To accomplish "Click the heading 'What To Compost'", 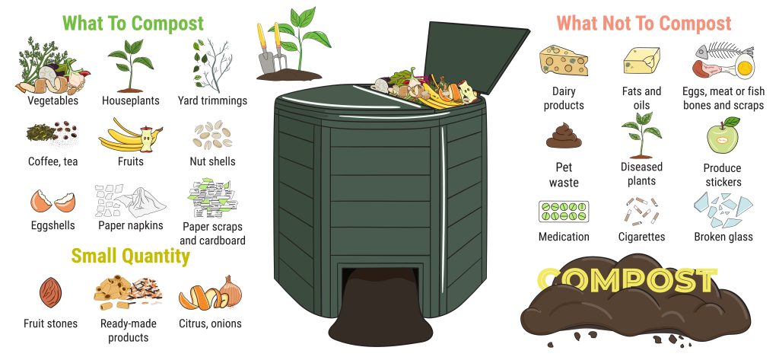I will click(x=133, y=23).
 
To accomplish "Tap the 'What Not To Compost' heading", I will click(x=644, y=23).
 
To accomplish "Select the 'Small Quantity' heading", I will click(x=130, y=256).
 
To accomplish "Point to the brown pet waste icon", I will click(x=563, y=135).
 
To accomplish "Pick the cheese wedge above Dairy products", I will click(x=563, y=61).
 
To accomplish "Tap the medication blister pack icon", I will click(x=563, y=211).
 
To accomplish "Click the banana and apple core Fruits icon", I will click(x=130, y=135).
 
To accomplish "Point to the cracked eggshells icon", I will click(x=52, y=201).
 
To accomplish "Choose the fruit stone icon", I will click(x=50, y=291).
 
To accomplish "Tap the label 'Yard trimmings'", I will click(x=212, y=100).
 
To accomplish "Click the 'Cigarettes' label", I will click(x=641, y=237).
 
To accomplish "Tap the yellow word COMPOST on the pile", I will click(x=626, y=281).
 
